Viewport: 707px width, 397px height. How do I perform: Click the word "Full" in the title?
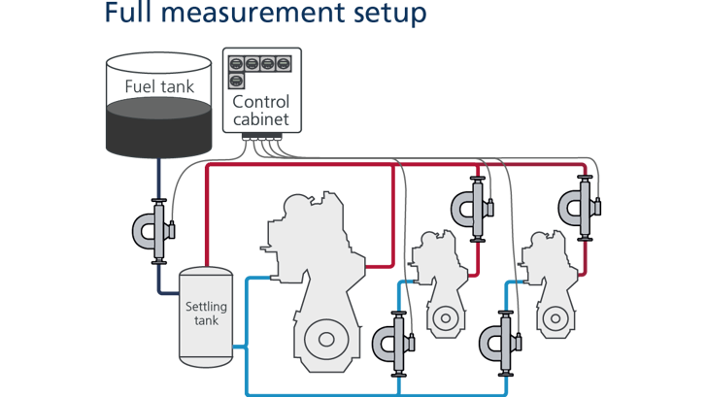(x=129, y=14)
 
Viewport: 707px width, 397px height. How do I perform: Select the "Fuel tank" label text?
(x=158, y=86)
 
